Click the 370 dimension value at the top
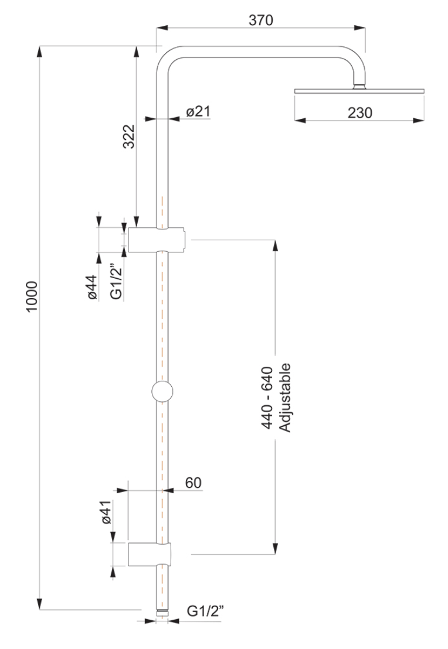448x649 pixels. point(261,19)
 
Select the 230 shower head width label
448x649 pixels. point(359,112)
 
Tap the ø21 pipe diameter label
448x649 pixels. point(198,111)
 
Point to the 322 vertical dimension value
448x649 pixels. point(129,136)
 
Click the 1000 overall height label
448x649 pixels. point(32,297)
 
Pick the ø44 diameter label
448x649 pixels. point(91,287)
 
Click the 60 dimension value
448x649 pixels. point(193,483)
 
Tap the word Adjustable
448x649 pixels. point(286,398)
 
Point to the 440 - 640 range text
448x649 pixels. point(267,398)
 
